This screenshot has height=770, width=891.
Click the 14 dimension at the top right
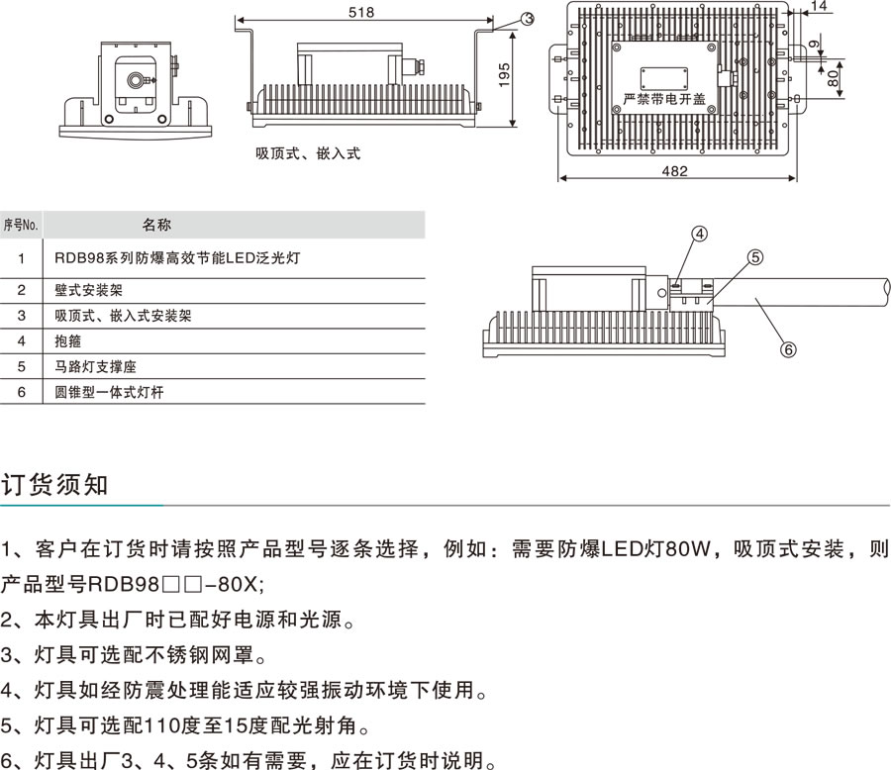coord(819,7)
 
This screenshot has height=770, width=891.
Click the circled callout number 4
coord(700,235)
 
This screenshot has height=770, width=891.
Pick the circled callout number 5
coord(754,257)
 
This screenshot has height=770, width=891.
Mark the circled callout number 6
coord(789,348)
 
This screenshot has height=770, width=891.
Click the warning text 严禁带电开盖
coord(664,99)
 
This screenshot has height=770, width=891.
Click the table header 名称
coord(156,225)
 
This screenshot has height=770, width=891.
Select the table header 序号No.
coord(21,225)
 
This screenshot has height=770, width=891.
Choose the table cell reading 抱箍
coord(68,340)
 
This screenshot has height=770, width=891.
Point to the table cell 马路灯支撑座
coord(96,366)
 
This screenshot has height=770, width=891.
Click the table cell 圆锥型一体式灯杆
coord(109,392)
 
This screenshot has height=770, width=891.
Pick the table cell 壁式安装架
coord(89,290)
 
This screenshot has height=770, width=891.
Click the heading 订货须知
coord(54,486)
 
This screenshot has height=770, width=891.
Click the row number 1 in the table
coord(21,257)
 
